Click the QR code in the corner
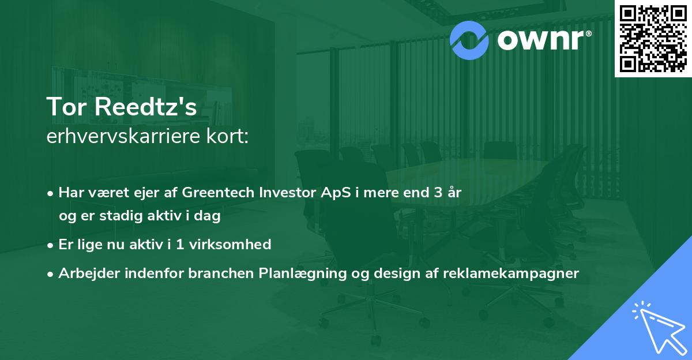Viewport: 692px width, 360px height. tap(653, 39)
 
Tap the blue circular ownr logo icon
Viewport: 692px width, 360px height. tap(469, 40)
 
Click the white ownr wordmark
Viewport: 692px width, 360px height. tap(541, 40)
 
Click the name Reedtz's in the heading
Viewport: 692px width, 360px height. tap(145, 107)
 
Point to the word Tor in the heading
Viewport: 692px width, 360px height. tap(66, 107)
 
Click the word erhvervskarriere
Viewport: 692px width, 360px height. tap(123, 136)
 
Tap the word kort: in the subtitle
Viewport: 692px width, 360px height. tap(228, 136)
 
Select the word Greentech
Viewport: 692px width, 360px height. tap(218, 193)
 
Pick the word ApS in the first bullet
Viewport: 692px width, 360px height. tap(336, 193)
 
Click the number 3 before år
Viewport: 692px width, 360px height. tap(438, 193)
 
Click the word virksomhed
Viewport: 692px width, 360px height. tap(230, 245)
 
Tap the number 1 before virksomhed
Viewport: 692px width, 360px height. tap(180, 245)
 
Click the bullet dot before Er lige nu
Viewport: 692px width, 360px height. tap(50, 246)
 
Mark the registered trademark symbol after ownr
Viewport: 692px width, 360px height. tap(588, 33)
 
